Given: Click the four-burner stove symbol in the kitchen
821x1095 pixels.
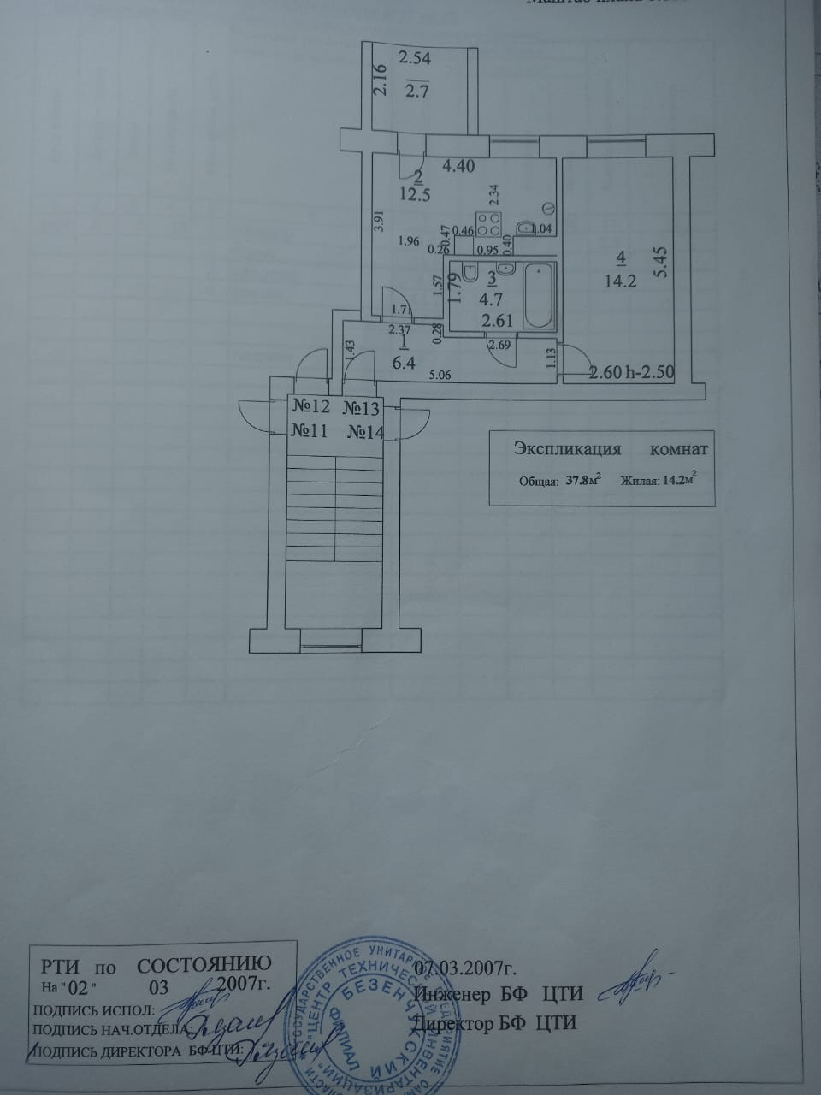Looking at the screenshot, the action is (489, 223).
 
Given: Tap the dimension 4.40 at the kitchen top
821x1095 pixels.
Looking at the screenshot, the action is (458, 166).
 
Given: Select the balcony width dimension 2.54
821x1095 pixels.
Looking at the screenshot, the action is (415, 59).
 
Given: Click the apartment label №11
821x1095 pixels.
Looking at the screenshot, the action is (310, 432).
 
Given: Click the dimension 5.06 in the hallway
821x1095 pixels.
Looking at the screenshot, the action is (440, 375).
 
